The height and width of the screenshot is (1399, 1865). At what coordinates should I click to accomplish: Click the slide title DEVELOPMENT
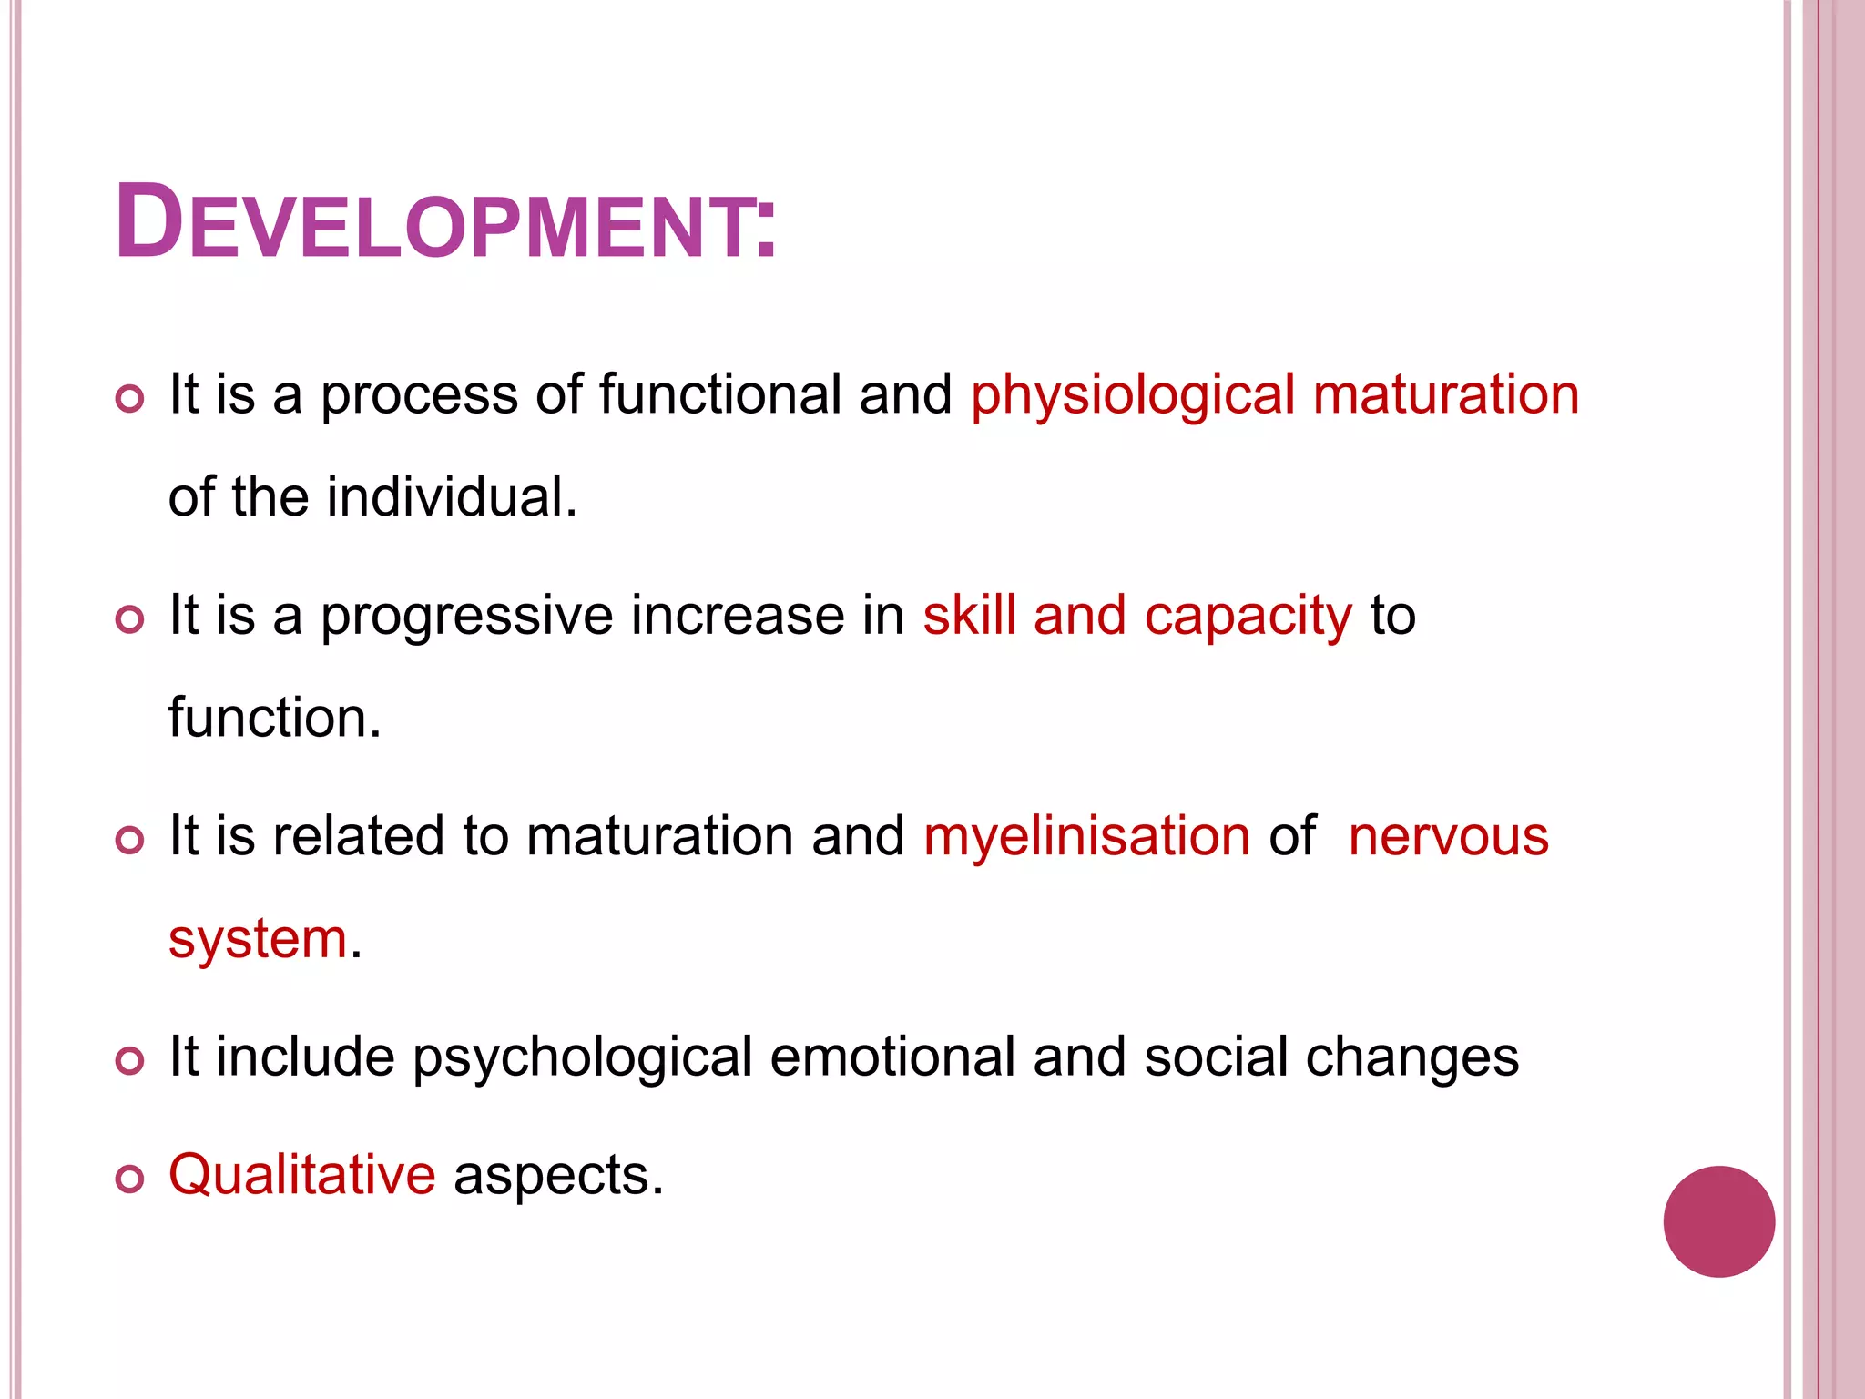point(445,223)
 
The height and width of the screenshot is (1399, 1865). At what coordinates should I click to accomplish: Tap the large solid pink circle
point(1718,1221)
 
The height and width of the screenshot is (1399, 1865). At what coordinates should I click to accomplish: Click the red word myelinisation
point(1086,836)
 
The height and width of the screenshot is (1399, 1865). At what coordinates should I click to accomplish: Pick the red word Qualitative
point(302,1174)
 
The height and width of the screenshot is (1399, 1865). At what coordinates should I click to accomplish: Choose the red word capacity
point(1248,616)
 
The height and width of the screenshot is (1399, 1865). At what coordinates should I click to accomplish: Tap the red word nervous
point(1448,836)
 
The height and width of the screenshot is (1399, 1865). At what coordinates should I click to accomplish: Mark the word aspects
point(557,1175)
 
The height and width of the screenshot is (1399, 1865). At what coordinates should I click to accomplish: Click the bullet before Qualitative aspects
point(130,1179)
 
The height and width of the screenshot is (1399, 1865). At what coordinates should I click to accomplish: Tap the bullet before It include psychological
point(130,1061)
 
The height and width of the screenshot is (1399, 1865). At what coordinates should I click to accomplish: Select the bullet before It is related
point(130,840)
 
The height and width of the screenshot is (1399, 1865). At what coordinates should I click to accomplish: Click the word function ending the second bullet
point(273,718)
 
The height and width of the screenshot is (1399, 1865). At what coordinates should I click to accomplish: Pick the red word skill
point(969,615)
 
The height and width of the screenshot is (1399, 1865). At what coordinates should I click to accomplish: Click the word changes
point(1412,1057)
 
